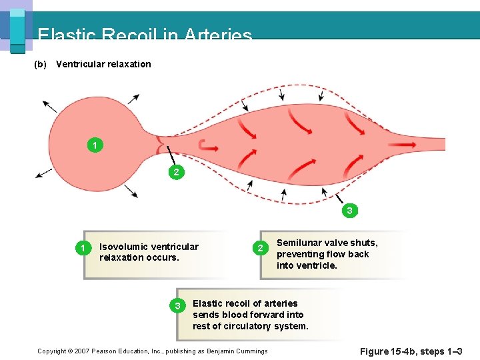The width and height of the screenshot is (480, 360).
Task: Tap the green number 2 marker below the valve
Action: (175, 173)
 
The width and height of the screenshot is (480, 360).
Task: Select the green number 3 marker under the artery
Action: (349, 211)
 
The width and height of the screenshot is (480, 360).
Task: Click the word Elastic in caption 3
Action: (208, 303)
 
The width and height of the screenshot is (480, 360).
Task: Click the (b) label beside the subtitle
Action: (40, 64)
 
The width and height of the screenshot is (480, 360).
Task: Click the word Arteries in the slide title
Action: (219, 35)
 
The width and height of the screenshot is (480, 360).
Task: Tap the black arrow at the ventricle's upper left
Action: (49, 106)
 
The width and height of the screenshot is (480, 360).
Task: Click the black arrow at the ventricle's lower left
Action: (44, 173)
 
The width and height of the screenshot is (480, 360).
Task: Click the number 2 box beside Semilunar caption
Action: (261, 249)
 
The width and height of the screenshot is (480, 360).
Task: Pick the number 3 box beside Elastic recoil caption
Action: (177, 305)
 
